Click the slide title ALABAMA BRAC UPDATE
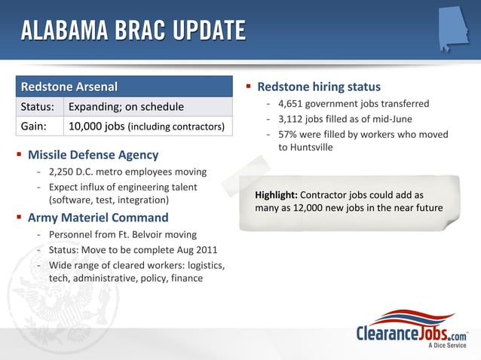click(133, 31)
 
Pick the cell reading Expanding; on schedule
click(126, 107)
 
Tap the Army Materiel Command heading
click(97, 218)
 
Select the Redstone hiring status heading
click(319, 87)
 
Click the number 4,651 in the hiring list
click(293, 104)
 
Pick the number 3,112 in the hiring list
click(293, 119)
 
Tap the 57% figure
click(289, 134)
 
